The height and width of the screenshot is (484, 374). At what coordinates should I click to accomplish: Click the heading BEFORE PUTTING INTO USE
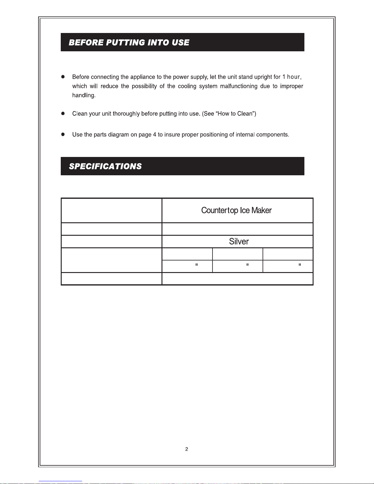click(129, 42)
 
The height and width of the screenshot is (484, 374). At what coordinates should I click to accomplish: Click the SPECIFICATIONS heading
click(105, 166)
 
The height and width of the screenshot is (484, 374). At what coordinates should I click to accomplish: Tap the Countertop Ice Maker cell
click(236, 210)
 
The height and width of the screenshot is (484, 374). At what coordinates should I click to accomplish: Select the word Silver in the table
click(239, 242)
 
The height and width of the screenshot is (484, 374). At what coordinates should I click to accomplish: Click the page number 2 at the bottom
click(187, 449)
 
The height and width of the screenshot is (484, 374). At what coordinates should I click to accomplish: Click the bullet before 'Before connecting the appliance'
click(63, 77)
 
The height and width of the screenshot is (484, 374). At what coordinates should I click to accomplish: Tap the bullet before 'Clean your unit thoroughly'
click(63, 114)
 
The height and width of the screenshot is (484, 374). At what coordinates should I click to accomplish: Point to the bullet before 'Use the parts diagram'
click(63, 134)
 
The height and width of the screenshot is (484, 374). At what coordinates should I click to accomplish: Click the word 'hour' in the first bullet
click(293, 77)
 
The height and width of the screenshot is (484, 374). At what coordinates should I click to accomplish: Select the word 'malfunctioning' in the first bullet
click(239, 86)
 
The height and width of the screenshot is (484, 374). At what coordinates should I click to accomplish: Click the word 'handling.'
click(84, 96)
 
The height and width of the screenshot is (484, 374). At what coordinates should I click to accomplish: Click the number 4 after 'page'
click(154, 135)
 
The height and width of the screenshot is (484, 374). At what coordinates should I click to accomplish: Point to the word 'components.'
click(273, 135)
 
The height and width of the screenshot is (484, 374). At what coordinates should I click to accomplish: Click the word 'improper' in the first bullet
click(292, 86)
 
